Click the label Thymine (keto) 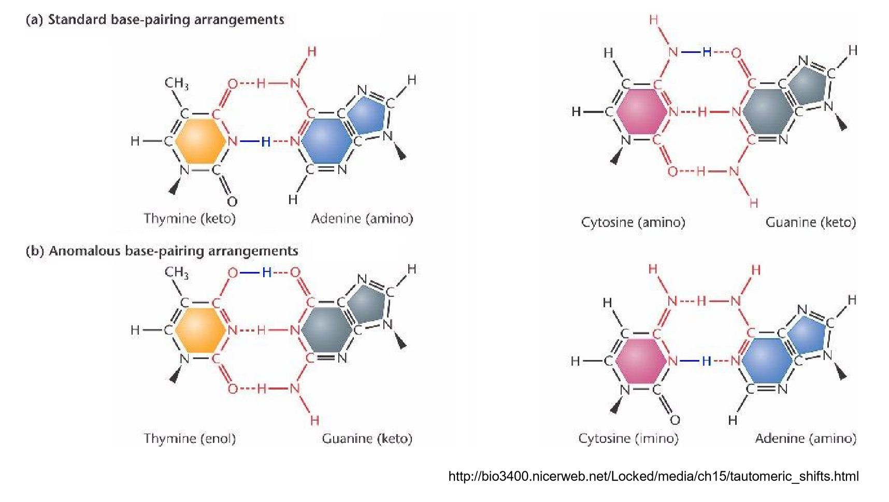coord(190,218)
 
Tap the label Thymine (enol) coord(190,439)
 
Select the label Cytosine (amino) coord(633,223)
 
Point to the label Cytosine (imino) coord(628,439)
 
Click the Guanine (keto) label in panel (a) coord(811,223)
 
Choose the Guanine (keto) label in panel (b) coord(367,439)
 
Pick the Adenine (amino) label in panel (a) coord(362,218)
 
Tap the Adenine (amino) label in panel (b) coord(806,439)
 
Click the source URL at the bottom coord(653,476)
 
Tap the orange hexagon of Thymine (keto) coord(200,141)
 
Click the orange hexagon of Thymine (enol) coord(200,330)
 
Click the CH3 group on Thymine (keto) coord(177,83)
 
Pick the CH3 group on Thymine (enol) coord(177,272)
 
